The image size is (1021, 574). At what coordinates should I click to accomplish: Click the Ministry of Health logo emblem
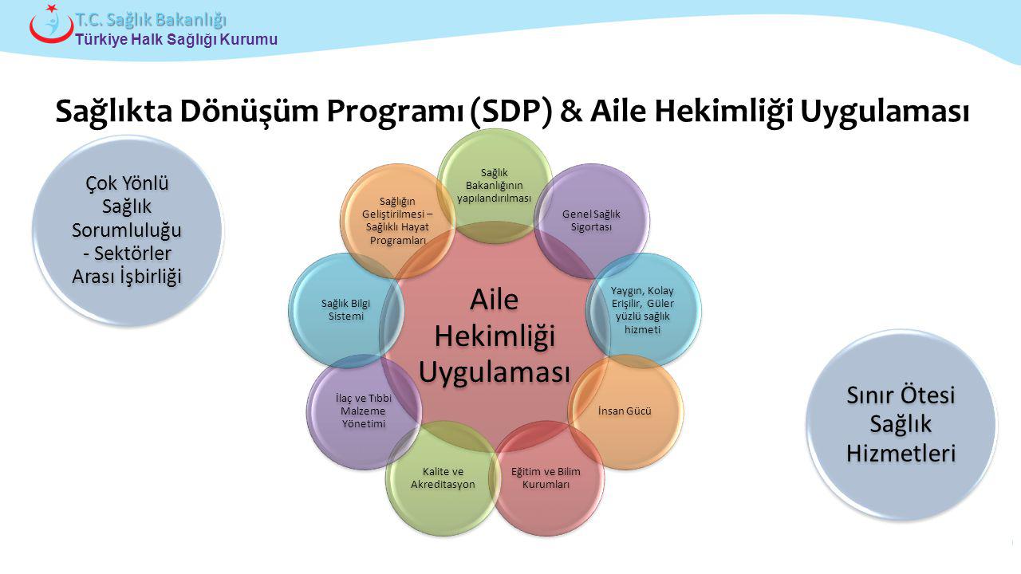click(x=50, y=24)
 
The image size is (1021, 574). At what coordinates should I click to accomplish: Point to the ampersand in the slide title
click(x=571, y=112)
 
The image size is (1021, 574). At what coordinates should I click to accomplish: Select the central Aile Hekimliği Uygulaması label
click(x=495, y=336)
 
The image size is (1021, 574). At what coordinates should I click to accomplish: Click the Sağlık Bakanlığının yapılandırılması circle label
click(x=494, y=185)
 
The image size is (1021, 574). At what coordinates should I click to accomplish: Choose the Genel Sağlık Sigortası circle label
click(x=591, y=220)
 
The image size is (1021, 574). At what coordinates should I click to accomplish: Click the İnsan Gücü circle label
click(x=625, y=411)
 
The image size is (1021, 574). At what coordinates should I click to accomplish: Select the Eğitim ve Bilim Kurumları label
click(x=546, y=478)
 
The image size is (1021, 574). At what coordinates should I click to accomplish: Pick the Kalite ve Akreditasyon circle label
click(x=443, y=478)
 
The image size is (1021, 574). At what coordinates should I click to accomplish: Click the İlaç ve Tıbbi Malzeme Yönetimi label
click(x=364, y=411)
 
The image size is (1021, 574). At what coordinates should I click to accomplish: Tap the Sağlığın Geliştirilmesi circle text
click(x=397, y=221)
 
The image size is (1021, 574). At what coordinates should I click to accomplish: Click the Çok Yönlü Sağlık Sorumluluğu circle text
click(x=127, y=230)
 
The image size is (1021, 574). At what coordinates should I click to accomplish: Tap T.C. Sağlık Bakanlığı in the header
click(x=152, y=19)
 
